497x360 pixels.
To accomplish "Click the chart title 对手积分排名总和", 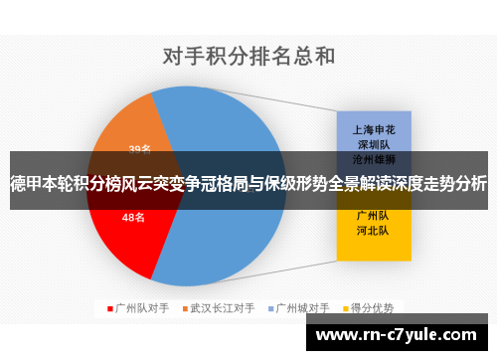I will pos(248,54).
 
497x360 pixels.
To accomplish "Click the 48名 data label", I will pos(133,217).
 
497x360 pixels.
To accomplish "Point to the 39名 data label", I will pos(139,149).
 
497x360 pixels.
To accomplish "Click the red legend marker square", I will pos(110,307).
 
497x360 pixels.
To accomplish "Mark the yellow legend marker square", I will pos(346,307).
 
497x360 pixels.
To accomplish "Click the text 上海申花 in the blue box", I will pos(374,129).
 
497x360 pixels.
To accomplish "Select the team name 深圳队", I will pos(374,143).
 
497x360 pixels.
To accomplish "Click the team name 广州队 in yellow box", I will pos(374,215).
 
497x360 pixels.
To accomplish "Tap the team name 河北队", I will pos(374,230).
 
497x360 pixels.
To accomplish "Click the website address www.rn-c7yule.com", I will pos(399,335).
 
